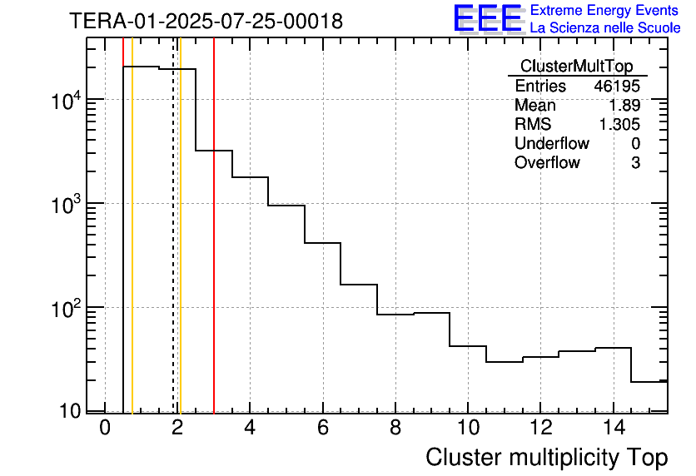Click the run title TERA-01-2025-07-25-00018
pos(206,22)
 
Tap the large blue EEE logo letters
pos(488,19)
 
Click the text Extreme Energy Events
pos(604,11)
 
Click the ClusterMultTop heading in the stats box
pos(576,67)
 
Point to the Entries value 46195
pos(617,87)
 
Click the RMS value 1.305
pos(619,125)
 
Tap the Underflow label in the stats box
pos(552,144)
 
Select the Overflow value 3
pos(635,163)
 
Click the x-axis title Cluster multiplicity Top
pos(546,458)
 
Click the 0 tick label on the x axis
pos(105,428)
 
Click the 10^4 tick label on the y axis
pos(66,101)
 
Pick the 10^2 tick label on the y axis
pos(66,309)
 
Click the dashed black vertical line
pos(173,250)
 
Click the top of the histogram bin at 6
pos(323,243)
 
